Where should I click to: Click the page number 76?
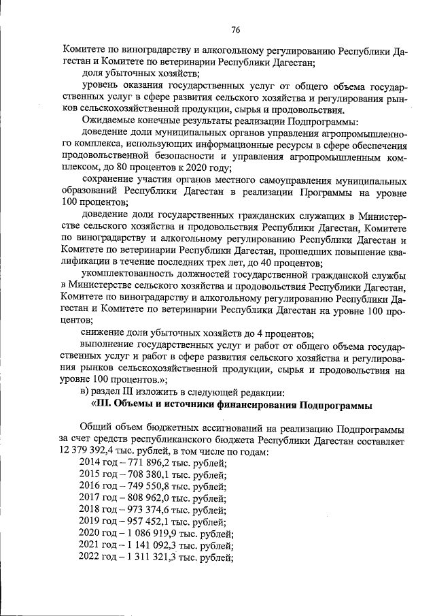click(x=235, y=29)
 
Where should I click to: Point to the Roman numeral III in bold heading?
click(x=103, y=406)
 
